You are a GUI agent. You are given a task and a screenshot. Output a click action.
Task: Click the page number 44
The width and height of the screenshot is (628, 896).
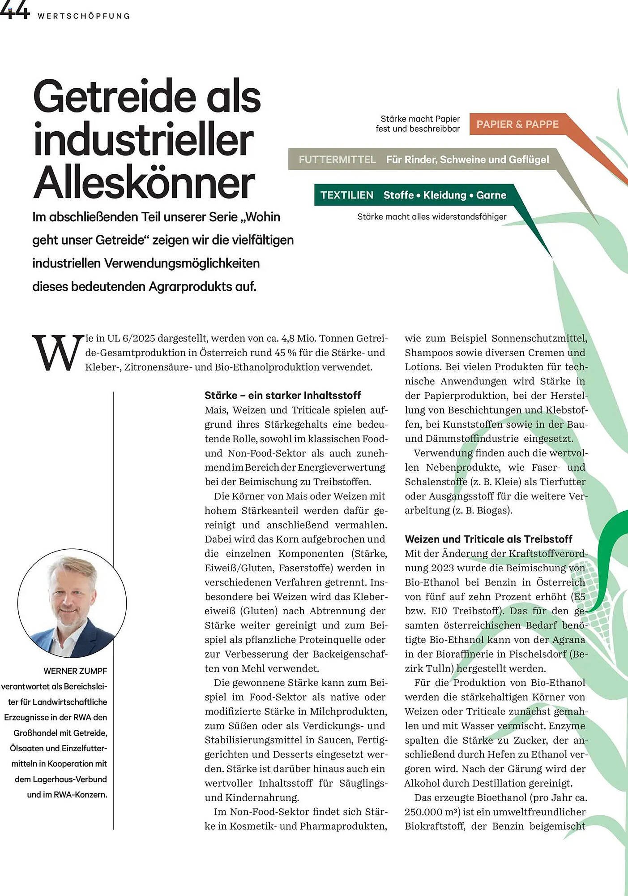pos(14,11)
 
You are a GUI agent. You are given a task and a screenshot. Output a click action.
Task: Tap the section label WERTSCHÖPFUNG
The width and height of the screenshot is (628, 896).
pos(84,16)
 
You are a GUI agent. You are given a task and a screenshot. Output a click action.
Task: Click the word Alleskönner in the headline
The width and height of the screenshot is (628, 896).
pos(144,183)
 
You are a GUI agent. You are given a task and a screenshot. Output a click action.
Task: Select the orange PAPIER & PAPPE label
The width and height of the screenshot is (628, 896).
pos(517,124)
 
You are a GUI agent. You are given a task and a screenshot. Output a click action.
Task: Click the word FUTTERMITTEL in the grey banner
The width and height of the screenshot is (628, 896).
pos(337,159)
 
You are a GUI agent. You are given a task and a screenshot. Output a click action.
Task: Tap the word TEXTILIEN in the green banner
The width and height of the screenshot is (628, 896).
pos(346,195)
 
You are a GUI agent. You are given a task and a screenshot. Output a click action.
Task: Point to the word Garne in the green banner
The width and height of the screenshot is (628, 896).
pos(491,195)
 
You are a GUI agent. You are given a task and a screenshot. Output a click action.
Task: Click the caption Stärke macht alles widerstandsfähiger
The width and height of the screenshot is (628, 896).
pos(431,217)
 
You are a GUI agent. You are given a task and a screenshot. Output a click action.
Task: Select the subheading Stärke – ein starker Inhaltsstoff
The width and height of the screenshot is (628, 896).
pos(282,395)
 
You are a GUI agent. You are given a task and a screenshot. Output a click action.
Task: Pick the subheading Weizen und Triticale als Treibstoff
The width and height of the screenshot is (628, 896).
pos(488,539)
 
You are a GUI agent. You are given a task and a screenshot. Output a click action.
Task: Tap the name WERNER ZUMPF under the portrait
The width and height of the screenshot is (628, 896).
pos(75,671)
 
